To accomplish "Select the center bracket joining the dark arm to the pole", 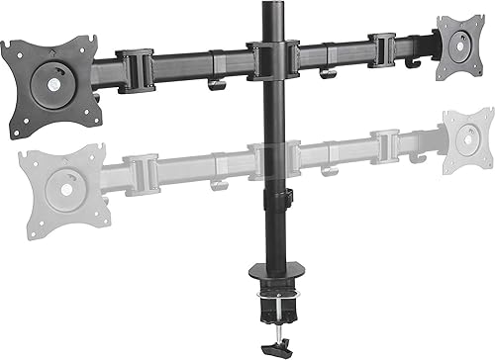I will pos(268,59).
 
